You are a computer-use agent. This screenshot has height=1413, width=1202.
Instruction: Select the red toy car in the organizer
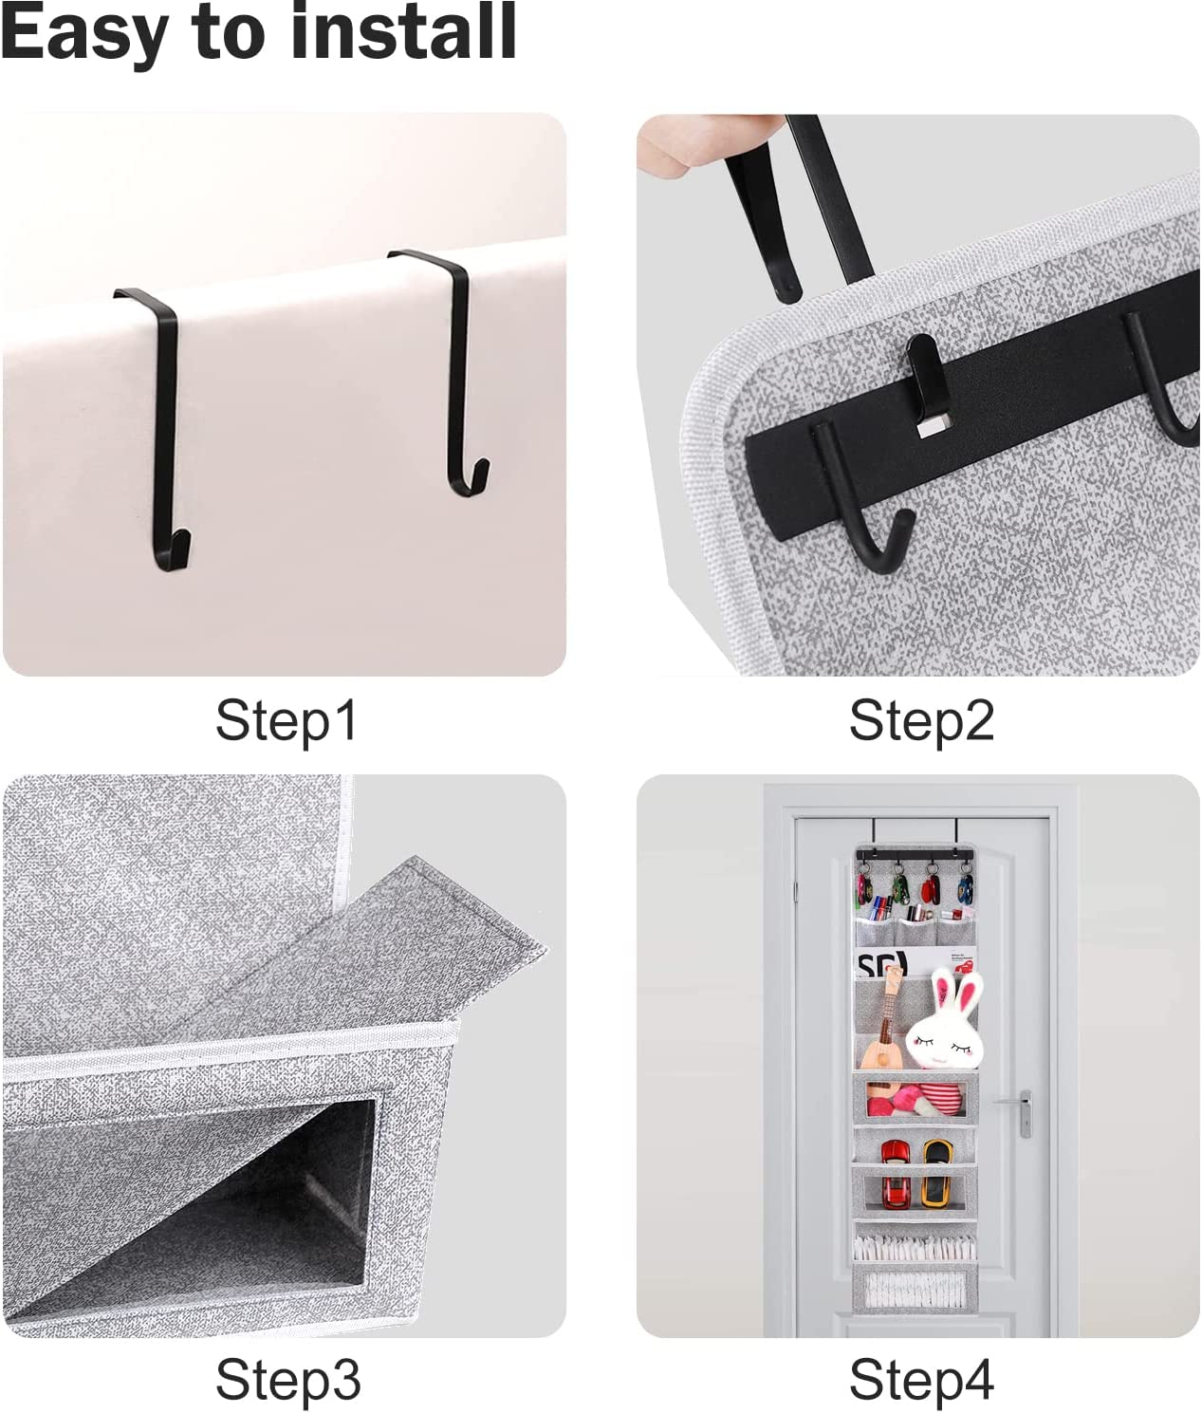point(892,1172)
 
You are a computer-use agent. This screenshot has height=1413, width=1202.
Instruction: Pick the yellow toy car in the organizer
point(934,1172)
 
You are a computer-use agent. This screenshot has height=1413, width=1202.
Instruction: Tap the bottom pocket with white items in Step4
point(915,1289)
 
